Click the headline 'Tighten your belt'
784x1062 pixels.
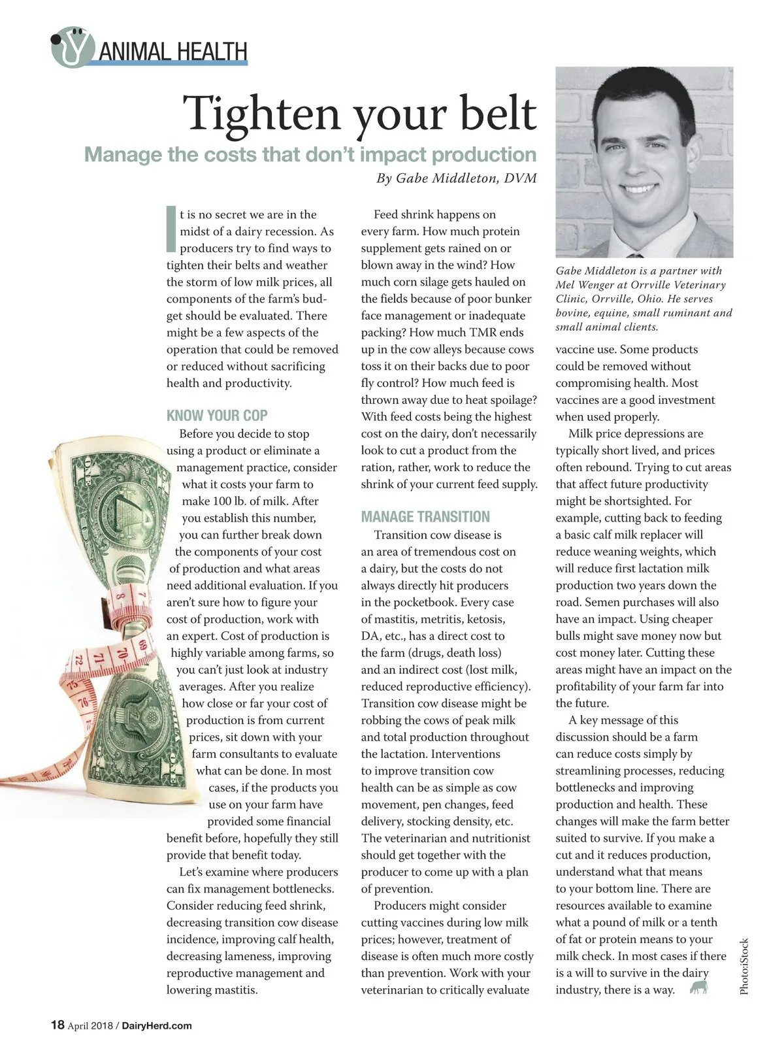point(359,113)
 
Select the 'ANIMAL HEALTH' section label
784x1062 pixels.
point(173,51)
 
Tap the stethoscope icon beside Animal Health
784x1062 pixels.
point(71,47)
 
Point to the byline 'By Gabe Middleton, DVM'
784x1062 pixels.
point(456,178)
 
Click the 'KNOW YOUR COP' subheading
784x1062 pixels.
point(217,416)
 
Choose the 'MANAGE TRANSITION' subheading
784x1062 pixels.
point(425,517)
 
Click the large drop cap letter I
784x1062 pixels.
point(171,229)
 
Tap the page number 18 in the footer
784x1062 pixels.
point(57,1025)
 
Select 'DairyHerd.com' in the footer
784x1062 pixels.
point(157,1025)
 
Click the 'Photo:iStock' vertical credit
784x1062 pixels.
point(744,967)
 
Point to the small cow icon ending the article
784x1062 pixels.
point(699,987)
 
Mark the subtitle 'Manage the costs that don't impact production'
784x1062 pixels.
point(310,155)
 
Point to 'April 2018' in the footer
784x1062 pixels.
point(90,1025)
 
